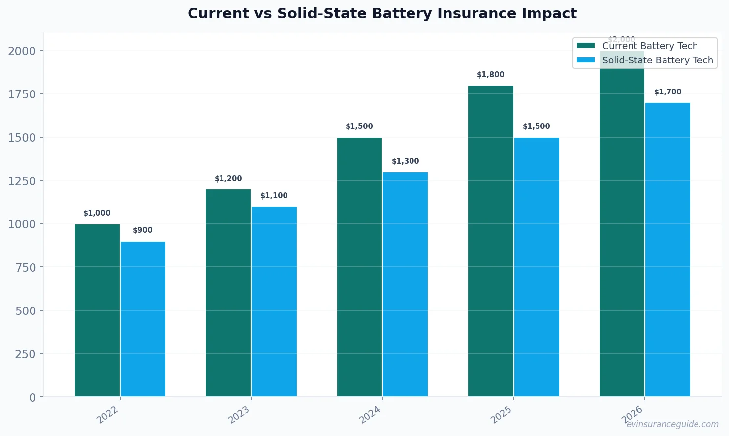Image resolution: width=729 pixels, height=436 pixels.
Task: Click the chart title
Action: (382, 13)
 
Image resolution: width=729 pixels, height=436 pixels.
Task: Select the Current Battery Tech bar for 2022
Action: (97, 310)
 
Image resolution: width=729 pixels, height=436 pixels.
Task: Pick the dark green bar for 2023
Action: (228, 293)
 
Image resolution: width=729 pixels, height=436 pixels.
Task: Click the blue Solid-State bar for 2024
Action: (405, 284)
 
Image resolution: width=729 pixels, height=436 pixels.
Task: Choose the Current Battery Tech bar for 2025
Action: (490, 241)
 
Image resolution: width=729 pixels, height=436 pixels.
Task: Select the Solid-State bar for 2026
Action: (667, 249)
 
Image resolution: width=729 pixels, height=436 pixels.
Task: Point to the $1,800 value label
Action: (490, 75)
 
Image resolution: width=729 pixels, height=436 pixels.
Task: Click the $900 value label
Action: (143, 230)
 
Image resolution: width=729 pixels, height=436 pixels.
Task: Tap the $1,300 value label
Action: (405, 161)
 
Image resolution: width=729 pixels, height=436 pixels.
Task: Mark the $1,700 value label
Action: (667, 92)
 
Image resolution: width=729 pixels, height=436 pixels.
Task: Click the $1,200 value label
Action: (228, 179)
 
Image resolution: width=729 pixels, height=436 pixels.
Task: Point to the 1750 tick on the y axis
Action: (22, 94)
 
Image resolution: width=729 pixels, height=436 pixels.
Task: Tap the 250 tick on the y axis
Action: (25, 354)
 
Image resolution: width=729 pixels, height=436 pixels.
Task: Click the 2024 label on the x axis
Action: (370, 414)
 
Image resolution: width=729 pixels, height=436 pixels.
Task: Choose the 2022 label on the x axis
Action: (108, 414)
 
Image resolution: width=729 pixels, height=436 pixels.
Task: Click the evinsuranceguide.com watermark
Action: (672, 424)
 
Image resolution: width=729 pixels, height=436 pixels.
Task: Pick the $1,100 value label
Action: (274, 196)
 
